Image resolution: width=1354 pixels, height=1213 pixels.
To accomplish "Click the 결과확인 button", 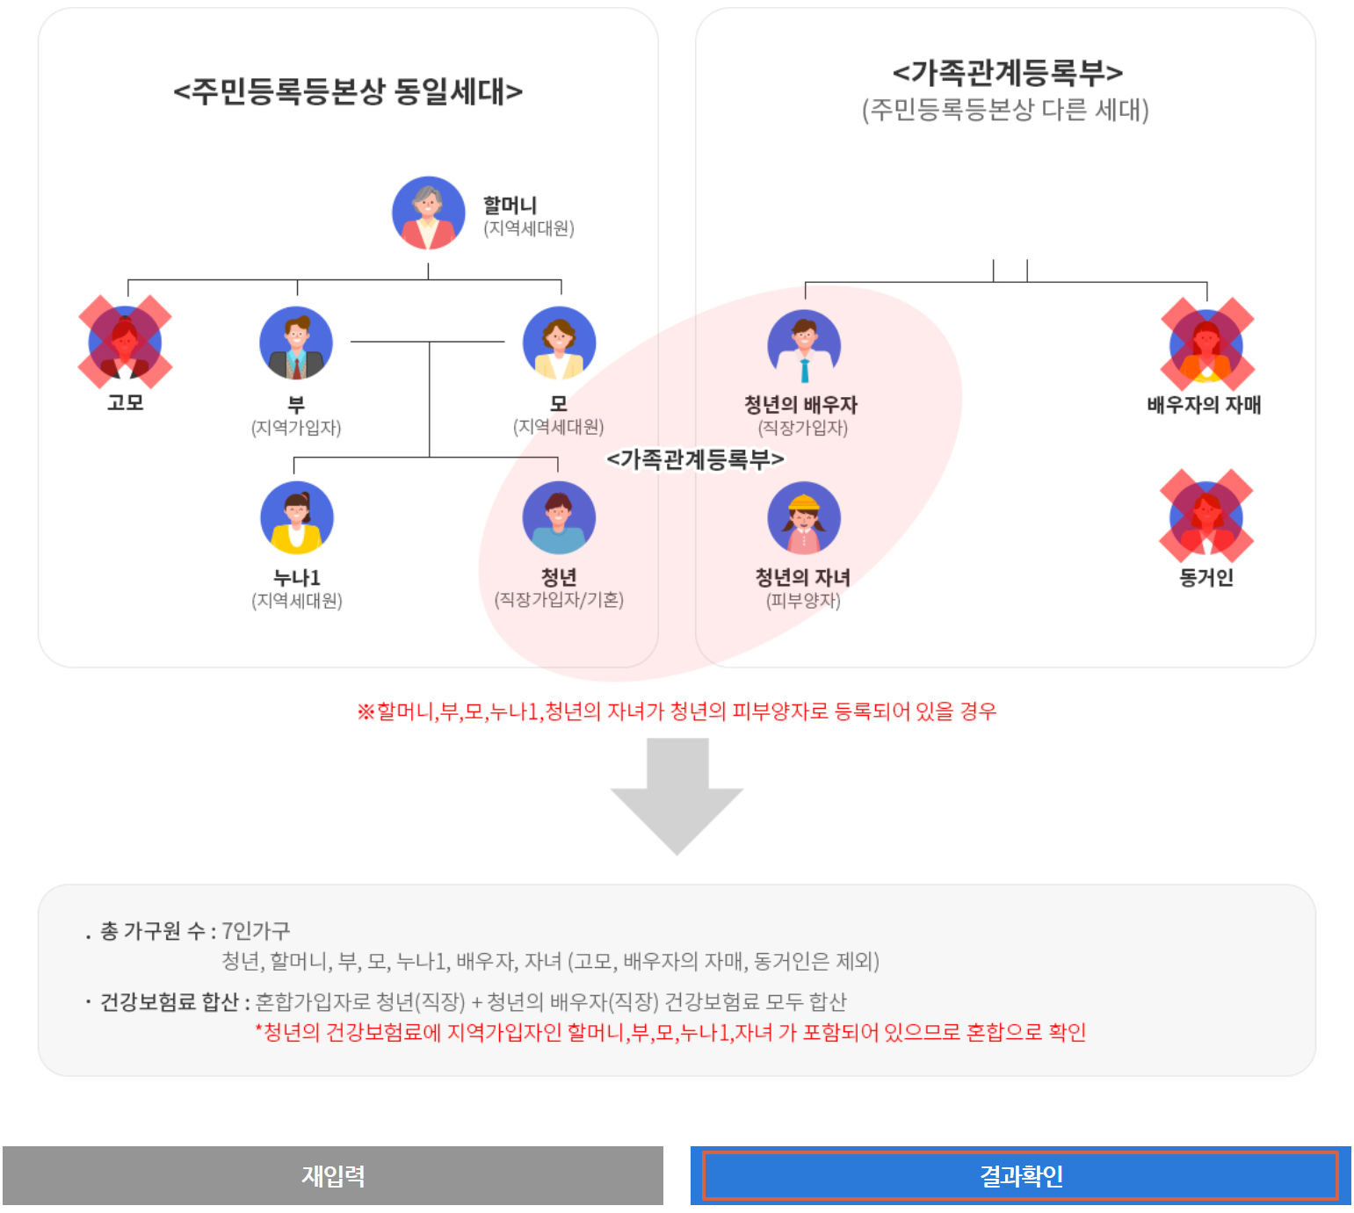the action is (1020, 1175).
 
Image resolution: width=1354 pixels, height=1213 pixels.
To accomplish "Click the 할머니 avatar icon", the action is (428, 213).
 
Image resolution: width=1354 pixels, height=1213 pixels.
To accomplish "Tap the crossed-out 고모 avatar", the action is (125, 343).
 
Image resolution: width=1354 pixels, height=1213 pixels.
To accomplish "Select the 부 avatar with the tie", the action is (296, 343).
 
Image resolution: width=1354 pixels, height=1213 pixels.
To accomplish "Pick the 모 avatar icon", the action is (559, 343).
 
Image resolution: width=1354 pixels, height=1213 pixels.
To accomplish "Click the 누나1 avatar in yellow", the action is (297, 517).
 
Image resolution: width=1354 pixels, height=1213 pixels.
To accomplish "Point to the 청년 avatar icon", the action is (559, 517).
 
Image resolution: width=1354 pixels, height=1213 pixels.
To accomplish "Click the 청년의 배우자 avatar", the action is (804, 345).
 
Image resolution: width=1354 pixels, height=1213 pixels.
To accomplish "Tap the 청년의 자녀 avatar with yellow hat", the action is (804, 517).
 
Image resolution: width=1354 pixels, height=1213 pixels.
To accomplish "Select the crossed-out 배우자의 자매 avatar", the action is (1206, 345).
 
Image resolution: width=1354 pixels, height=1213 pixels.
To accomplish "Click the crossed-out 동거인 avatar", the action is (1206, 516).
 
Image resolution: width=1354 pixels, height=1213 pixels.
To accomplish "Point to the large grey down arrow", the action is (677, 795).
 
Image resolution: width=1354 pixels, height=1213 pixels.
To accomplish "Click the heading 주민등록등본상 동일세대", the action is (348, 91).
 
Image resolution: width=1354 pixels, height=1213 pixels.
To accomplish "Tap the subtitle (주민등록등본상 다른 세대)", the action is (1005, 111).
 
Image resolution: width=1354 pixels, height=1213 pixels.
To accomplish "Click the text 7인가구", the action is (256, 930).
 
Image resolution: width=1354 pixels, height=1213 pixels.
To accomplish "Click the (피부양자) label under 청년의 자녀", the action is (803, 601).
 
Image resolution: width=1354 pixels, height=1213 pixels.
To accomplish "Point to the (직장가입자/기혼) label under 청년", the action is (559, 600).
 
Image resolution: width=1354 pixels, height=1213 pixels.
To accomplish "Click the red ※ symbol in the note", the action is (366, 711).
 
